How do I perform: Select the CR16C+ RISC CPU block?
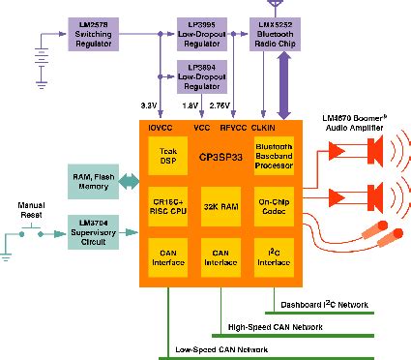click(x=168, y=209)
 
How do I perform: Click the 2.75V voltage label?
click(x=236, y=104)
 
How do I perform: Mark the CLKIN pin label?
click(x=265, y=125)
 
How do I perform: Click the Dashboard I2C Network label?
click(x=324, y=305)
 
